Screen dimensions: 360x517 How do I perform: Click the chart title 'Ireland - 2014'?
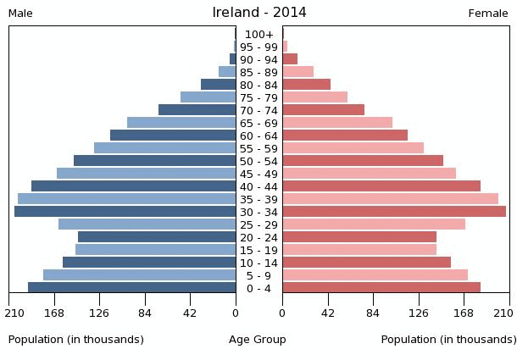click(x=259, y=13)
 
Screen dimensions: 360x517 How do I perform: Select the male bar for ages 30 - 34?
click(x=125, y=212)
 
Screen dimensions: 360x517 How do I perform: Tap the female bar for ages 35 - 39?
click(x=390, y=199)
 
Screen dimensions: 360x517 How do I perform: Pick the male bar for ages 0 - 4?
click(x=131, y=288)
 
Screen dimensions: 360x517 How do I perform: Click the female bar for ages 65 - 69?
click(x=337, y=123)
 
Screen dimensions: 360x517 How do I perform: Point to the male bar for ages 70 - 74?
click(x=197, y=110)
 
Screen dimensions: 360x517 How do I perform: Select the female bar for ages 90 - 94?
click(x=290, y=59)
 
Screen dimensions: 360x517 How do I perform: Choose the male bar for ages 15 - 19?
click(x=155, y=250)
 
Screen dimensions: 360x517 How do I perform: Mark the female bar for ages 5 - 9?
click(x=375, y=275)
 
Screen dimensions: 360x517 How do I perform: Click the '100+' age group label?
click(x=258, y=34)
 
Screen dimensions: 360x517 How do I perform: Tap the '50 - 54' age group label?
click(x=258, y=161)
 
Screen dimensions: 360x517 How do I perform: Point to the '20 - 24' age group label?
click(x=258, y=237)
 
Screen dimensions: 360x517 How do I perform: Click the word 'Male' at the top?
click(x=20, y=14)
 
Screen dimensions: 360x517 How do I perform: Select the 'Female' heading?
click(x=488, y=14)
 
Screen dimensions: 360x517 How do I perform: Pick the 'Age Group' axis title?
click(x=258, y=340)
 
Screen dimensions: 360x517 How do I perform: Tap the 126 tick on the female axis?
click(x=419, y=313)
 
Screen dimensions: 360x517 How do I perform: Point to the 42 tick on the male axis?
click(x=190, y=313)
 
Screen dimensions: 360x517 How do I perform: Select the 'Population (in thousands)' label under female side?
click(x=448, y=340)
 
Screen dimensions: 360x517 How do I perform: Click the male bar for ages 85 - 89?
click(x=226, y=72)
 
